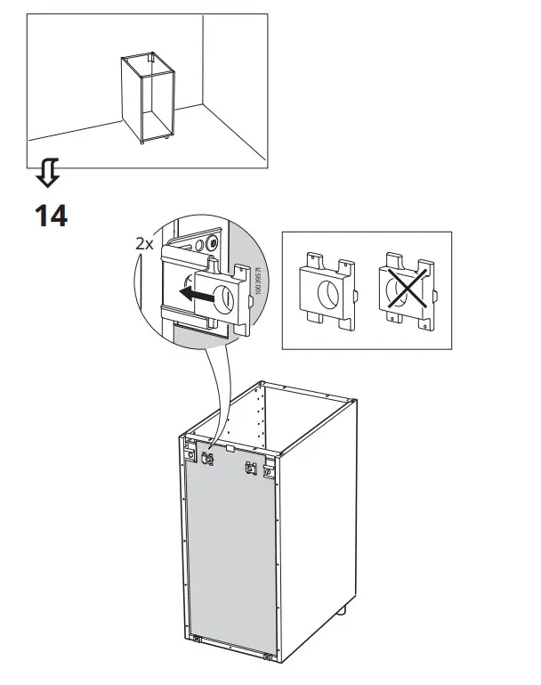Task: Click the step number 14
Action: pyautogui.click(x=51, y=215)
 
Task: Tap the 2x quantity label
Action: pyautogui.click(x=143, y=242)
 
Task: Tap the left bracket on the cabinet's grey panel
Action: pyautogui.click(x=210, y=460)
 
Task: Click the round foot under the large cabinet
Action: pyautogui.click(x=342, y=614)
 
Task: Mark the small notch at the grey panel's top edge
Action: pyautogui.click(x=230, y=450)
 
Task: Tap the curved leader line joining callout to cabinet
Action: pyautogui.click(x=214, y=392)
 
